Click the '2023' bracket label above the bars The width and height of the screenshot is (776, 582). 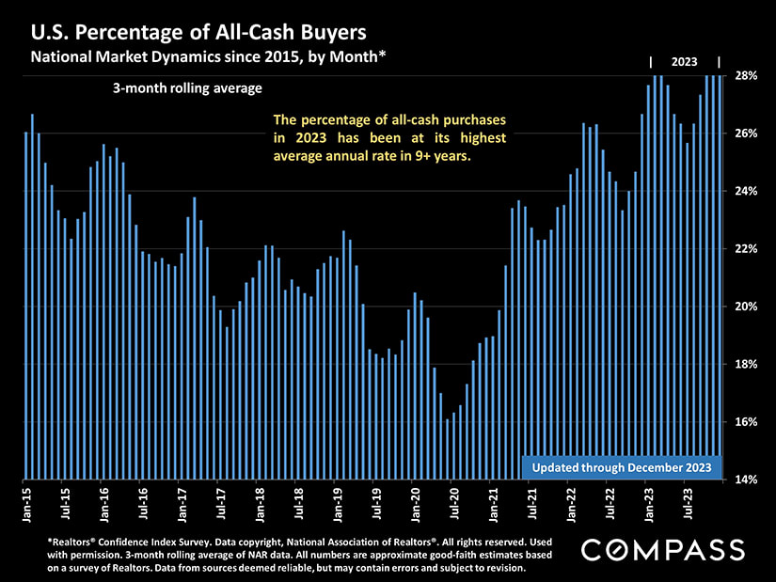pos(684,62)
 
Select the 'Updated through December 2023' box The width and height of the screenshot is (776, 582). pos(622,467)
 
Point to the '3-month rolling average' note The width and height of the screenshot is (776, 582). pos(186,88)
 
